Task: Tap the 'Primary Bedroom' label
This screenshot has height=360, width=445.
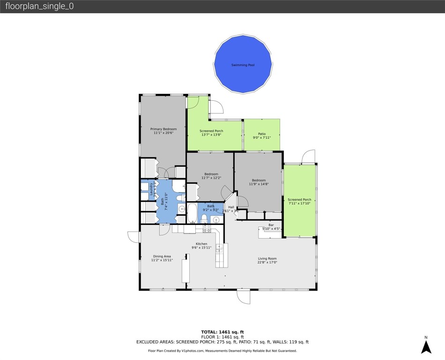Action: (163, 129)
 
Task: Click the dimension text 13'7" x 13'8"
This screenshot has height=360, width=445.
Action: (211, 135)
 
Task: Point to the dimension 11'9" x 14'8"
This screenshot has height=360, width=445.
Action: (259, 184)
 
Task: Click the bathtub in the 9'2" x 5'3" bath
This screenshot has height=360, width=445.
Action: (192, 214)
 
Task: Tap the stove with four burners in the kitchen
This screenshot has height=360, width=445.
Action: (207, 229)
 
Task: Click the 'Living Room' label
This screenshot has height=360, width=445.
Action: (267, 258)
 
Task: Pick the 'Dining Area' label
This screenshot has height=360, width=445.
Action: (162, 256)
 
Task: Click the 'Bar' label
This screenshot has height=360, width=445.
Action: (271, 225)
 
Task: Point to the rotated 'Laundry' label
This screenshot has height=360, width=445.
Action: (151, 190)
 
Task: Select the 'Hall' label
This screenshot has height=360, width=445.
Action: (231, 207)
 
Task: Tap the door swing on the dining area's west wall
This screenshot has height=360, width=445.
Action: (133, 237)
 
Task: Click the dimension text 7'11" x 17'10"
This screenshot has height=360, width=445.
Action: (300, 203)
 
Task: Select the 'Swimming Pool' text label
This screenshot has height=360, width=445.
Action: (243, 65)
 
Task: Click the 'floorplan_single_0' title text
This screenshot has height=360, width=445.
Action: (39, 7)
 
